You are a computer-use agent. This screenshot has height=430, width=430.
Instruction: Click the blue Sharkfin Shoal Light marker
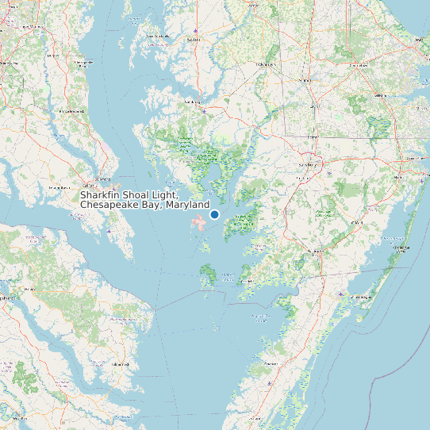pyautogui.click(x=214, y=214)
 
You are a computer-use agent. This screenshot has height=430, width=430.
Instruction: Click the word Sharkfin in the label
pyautogui.click(x=102, y=195)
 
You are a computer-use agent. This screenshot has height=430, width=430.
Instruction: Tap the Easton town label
pyautogui.click(x=193, y=39)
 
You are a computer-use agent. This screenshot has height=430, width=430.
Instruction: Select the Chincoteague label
pyautogui.click(x=362, y=297)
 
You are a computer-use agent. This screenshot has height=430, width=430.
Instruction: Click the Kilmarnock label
pyautogui.click(x=120, y=363)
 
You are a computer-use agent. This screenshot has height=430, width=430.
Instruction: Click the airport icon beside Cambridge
pyautogui.click(x=205, y=112)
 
